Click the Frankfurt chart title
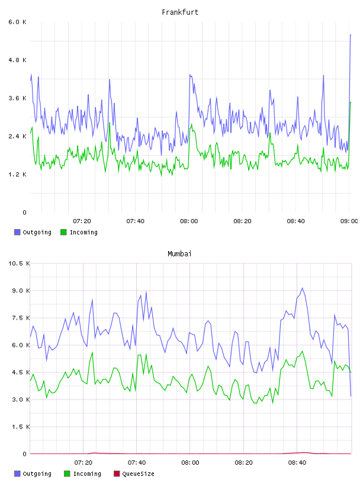[180, 12]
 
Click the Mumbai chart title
[179, 254]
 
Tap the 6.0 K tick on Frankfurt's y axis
[17, 22]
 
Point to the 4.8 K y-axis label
[17, 60]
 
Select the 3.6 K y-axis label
[17, 98]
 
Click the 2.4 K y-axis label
[17, 137]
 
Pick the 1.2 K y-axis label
[17, 175]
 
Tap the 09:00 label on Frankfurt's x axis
[349, 221]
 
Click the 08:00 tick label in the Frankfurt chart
[189, 221]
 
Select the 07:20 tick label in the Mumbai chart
[83, 463]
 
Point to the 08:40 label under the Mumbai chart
[297, 463]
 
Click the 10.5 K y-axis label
[19, 263]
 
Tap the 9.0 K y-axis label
[21, 291]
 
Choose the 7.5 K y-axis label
[21, 318]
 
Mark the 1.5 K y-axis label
[21, 427]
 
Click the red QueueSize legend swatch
[117, 474]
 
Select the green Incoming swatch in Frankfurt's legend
[63, 232]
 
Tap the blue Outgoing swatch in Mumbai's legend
[17, 474]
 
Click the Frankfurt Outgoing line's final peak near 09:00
[351, 35]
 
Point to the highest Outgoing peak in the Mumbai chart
[303, 288]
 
